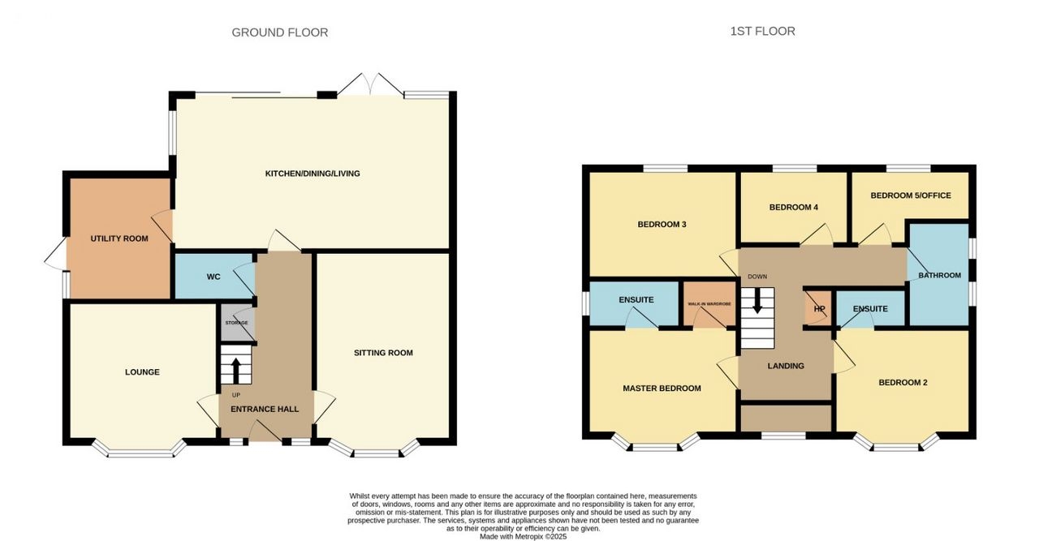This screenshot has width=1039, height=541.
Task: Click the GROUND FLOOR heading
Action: pyautogui.click(x=280, y=32)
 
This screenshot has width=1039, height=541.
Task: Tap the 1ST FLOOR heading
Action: pyautogui.click(x=762, y=31)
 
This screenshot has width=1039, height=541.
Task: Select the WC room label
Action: pyautogui.click(x=213, y=277)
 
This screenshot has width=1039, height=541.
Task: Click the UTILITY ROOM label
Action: pyautogui.click(x=119, y=238)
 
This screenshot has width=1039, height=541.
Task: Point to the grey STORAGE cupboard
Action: pyautogui.click(x=236, y=322)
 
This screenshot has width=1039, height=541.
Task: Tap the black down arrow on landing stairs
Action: pyautogui.click(x=757, y=302)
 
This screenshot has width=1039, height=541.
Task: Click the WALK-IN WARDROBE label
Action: pyautogui.click(x=709, y=304)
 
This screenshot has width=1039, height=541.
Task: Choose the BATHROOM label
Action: pyautogui.click(x=940, y=276)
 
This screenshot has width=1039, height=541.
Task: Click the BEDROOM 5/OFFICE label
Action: pyautogui.click(x=911, y=195)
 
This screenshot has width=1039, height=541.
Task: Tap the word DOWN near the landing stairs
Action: pyautogui.click(x=757, y=277)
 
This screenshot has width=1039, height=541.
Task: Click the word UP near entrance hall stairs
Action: pyautogui.click(x=236, y=395)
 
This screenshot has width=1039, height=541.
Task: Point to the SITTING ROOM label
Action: pyautogui.click(x=383, y=353)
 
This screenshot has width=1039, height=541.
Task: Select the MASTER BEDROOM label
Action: pyautogui.click(x=662, y=389)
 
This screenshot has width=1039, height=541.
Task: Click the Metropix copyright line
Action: pyautogui.click(x=524, y=537)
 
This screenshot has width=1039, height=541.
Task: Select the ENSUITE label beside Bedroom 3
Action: pyautogui.click(x=636, y=300)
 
